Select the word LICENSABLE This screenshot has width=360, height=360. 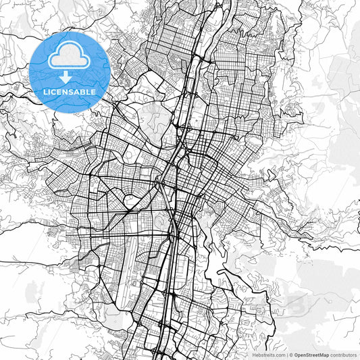click(70, 91)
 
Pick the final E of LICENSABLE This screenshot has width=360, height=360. click(93, 91)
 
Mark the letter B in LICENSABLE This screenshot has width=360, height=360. click(83, 91)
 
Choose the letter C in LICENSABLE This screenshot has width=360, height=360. click(57, 91)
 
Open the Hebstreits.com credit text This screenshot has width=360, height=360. click(268, 355)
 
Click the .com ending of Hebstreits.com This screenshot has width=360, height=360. click(279, 355)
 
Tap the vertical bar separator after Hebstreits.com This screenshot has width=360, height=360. click(286, 355)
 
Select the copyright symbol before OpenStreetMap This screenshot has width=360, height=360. click(291, 355)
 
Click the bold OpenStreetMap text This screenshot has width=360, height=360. click(311, 355)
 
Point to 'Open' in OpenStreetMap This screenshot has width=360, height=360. click(300, 355)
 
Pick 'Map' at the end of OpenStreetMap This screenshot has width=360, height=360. click(324, 355)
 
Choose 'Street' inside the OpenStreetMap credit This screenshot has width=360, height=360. click(311, 355)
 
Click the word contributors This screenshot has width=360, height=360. click(343, 355)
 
